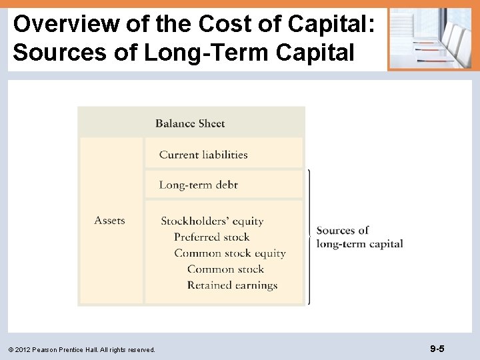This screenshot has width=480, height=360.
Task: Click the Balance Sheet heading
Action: click(x=190, y=123)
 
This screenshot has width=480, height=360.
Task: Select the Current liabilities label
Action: click(x=203, y=155)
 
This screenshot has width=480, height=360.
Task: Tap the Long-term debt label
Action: click(x=198, y=185)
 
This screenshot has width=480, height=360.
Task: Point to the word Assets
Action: click(x=109, y=221)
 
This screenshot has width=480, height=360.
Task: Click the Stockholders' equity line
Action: click(x=212, y=221)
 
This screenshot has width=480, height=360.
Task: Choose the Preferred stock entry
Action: click(x=211, y=237)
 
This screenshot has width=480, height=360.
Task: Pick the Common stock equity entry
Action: click(x=230, y=253)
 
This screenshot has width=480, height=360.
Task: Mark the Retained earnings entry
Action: click(x=232, y=285)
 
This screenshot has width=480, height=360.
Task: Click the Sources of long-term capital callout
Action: click(x=359, y=237)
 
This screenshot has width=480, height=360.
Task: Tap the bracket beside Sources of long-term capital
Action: click(x=309, y=237)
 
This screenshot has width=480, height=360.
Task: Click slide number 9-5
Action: click(x=437, y=349)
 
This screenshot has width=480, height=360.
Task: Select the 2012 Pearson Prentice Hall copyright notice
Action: click(x=82, y=349)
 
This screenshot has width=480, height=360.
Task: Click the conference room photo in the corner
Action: click(x=429, y=38)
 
